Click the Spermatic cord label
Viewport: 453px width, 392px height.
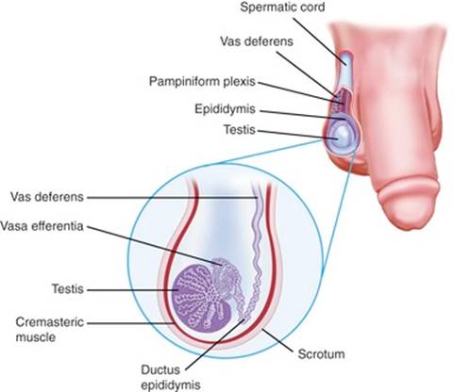coord(282,7)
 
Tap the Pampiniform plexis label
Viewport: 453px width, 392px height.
coord(202,81)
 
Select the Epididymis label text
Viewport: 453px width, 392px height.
coord(225,109)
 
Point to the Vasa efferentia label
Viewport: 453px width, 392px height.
coord(42,226)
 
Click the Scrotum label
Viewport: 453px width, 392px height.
coord(321,354)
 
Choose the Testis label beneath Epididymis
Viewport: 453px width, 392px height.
coord(240,129)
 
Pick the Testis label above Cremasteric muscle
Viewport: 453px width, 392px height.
coord(68,288)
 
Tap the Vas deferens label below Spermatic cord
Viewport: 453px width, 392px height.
coord(257,41)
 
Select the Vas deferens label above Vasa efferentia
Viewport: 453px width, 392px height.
coord(47,197)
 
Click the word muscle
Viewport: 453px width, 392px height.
coord(36,337)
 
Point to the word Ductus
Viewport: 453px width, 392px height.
coord(160,369)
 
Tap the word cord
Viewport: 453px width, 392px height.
coord(310,7)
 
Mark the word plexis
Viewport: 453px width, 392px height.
coord(240,81)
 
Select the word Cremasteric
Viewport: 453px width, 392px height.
coord(50,322)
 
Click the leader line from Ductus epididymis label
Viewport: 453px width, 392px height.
coord(215,344)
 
